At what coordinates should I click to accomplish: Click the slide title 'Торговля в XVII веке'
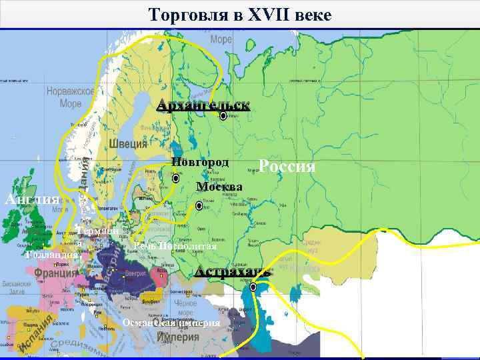239,14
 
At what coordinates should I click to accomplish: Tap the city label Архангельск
203,105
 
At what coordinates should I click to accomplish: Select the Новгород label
200,162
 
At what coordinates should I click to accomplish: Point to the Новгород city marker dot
175,179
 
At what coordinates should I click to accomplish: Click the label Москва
219,186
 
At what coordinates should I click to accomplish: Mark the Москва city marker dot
199,207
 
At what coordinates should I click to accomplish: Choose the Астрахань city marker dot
253,287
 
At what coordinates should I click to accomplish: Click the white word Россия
287,166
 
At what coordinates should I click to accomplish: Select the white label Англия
32,199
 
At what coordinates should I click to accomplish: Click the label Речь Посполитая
175,246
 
